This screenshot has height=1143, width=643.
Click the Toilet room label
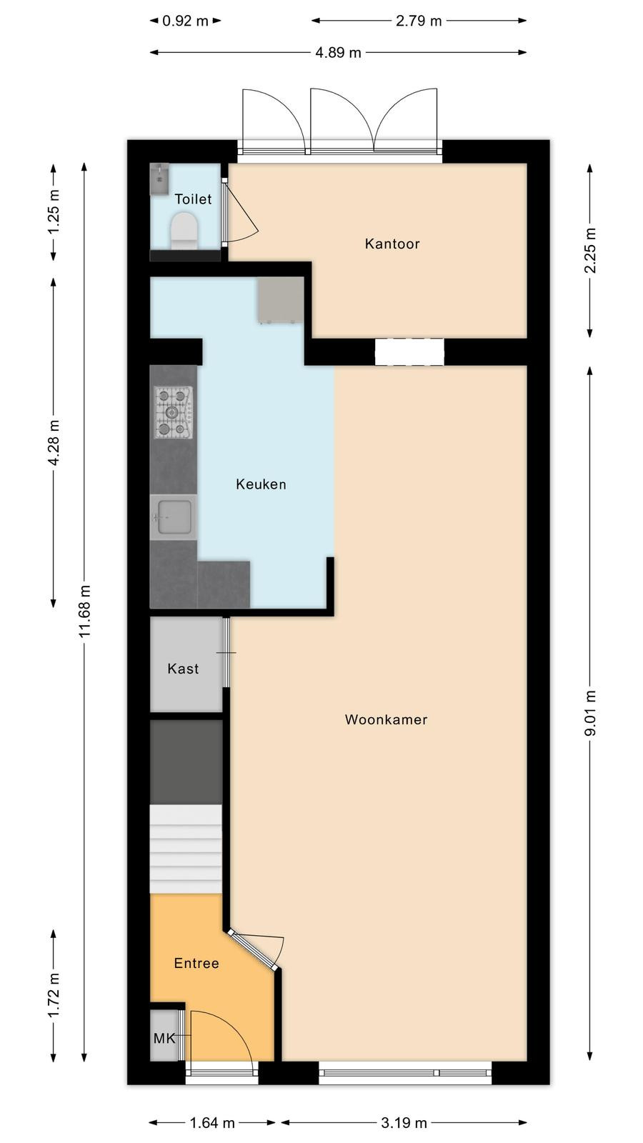click(193, 199)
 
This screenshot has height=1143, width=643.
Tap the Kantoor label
click(392, 244)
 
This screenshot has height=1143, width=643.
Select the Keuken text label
click(261, 484)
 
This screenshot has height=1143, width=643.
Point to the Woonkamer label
click(386, 719)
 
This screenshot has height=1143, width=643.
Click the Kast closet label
click(183, 669)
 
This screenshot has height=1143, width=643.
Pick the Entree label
click(196, 964)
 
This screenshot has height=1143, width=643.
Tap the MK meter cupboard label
click(164, 1039)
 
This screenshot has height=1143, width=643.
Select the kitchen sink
click(174, 517)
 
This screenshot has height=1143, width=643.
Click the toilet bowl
click(184, 231)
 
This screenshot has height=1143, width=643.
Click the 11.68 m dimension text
click(85, 612)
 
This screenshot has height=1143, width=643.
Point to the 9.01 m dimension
click(590, 714)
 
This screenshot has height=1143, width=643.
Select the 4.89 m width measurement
click(338, 53)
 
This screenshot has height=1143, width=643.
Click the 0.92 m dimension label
click(185, 21)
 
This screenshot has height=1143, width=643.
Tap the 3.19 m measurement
click(404, 1122)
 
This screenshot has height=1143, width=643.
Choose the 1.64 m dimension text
click(212, 1122)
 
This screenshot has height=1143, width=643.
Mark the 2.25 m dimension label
click(590, 251)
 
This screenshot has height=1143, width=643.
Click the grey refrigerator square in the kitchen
click(281, 300)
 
